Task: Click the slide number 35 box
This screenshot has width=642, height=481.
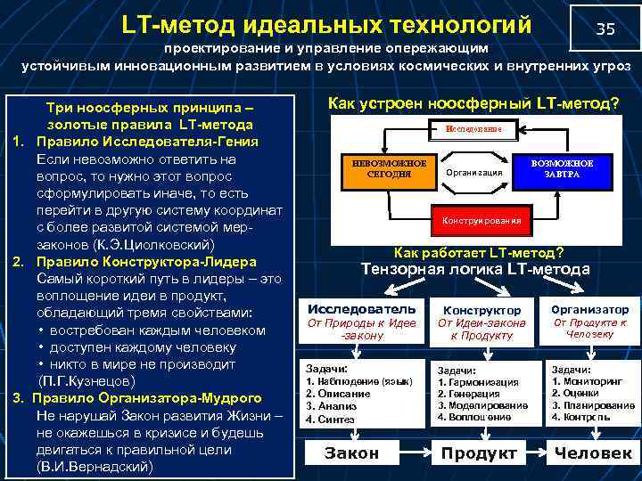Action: click(x=605, y=29)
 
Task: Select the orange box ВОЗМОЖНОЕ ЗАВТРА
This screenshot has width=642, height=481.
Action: click(x=562, y=169)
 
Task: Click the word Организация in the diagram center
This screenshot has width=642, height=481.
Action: click(x=473, y=171)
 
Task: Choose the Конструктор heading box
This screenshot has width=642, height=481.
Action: click(x=481, y=309)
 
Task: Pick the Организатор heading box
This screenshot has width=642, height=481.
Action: click(x=589, y=308)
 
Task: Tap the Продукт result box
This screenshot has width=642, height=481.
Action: click(x=479, y=453)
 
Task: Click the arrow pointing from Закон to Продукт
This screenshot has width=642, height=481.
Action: click(x=416, y=453)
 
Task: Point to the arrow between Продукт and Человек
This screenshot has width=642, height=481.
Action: click(x=536, y=453)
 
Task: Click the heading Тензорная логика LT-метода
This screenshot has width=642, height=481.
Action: click(x=474, y=269)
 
